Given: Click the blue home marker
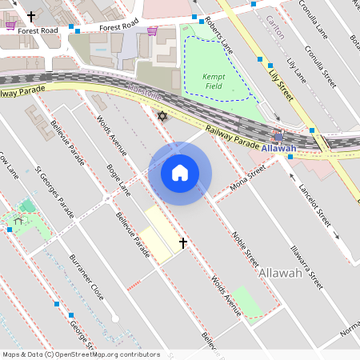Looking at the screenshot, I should (180, 172).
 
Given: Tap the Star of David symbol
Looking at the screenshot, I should (162, 117).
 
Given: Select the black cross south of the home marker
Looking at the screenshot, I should (182, 242).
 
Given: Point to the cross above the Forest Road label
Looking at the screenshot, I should (31, 16).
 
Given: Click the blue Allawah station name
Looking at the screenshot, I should (278, 148).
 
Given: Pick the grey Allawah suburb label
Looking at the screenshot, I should (280, 274).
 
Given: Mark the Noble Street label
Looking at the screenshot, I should (245, 249).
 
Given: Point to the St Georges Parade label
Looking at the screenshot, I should (55, 192).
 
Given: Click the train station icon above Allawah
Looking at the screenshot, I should (278, 136).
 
